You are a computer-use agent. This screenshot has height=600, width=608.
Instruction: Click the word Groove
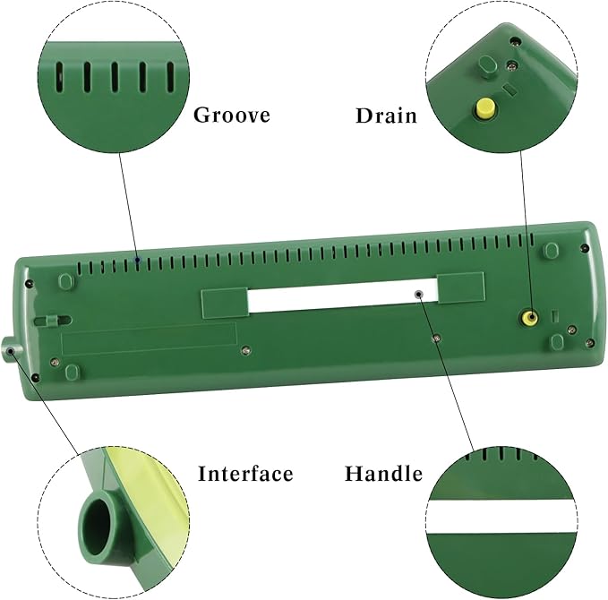232,115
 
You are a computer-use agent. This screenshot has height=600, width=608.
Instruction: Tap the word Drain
386,116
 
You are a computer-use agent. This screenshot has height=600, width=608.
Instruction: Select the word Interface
245,474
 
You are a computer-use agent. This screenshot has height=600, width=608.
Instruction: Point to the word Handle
383,474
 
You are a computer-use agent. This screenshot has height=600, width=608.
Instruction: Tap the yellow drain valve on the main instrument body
529,318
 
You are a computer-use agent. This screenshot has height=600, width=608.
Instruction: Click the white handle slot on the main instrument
343,296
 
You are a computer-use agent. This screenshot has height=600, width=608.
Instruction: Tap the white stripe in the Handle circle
501,517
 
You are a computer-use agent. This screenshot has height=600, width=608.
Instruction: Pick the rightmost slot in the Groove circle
171,77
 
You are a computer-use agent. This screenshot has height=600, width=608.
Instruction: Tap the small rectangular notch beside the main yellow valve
555,315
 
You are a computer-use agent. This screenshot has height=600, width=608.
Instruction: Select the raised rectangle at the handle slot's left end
225,303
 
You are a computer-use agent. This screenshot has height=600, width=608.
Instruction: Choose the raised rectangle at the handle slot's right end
461,287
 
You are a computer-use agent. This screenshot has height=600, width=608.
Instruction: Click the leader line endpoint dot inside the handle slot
418,295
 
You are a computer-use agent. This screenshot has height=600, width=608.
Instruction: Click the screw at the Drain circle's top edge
515,40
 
